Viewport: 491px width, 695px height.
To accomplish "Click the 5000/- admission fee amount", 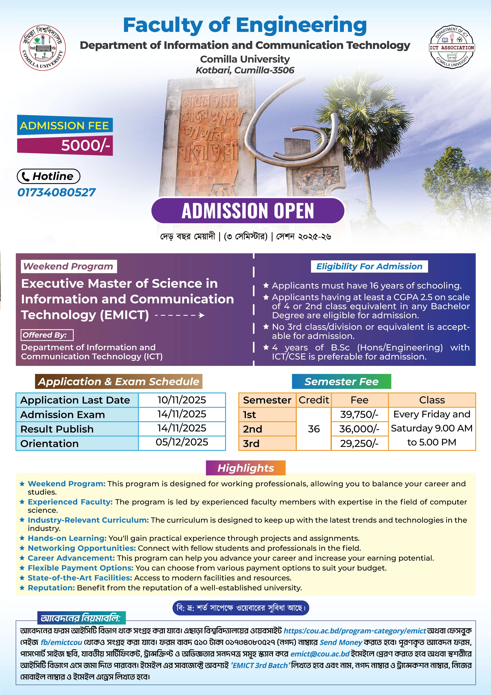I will (x=85, y=146).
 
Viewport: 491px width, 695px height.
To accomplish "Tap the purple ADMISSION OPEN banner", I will (x=248, y=211).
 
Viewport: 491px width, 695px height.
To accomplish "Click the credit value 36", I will (x=314, y=429).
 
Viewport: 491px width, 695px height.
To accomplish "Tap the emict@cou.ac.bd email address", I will (x=320, y=654).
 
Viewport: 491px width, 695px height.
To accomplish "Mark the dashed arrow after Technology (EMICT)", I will (x=180, y=315).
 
